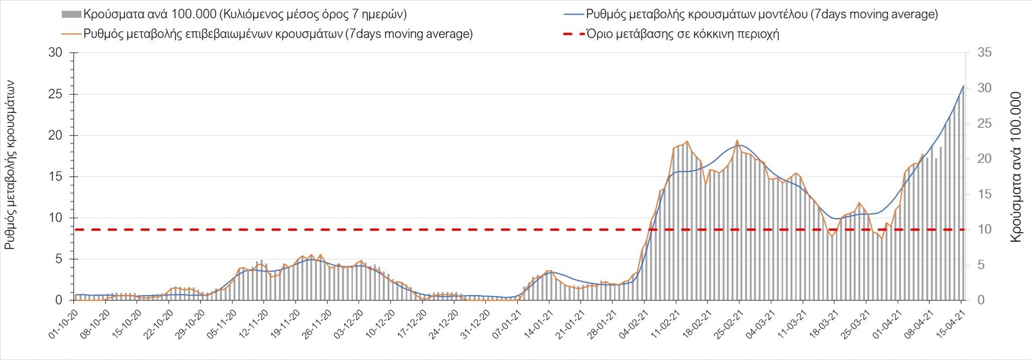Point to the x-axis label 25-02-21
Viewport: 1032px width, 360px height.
point(729,324)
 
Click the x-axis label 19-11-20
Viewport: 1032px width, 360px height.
point(286,324)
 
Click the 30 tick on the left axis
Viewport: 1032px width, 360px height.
point(55,53)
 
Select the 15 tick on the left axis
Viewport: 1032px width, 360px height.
point(55,177)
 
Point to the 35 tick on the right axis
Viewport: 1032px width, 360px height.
point(984,53)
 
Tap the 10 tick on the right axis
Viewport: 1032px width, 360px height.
point(984,229)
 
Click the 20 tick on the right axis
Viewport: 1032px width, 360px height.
point(984,159)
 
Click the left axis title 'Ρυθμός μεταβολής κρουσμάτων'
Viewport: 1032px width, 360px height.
point(10,165)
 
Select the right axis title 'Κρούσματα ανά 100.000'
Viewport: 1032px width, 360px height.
point(1015,167)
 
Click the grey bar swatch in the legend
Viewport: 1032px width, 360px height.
point(71,15)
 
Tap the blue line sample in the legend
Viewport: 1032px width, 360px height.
point(574,15)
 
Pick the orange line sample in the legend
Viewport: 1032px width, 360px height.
point(71,34)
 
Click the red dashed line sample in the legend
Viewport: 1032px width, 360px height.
point(574,34)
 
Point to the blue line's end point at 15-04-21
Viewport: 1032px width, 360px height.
point(963,86)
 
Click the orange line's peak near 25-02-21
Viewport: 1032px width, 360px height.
point(737,140)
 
